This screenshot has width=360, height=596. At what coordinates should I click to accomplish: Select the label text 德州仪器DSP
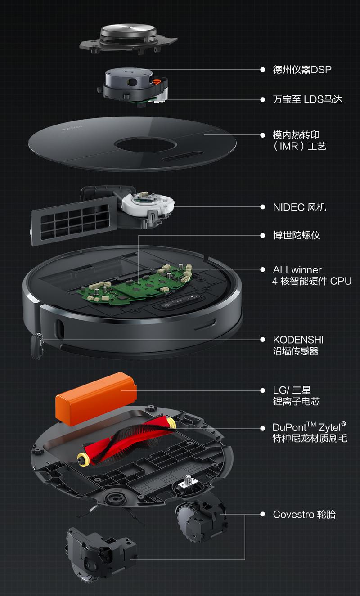(x=302, y=70)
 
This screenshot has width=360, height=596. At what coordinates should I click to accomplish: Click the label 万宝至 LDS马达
(x=307, y=99)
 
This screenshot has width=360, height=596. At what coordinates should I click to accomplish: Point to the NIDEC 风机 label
(x=299, y=207)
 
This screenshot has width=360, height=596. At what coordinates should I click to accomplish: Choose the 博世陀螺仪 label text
(x=297, y=235)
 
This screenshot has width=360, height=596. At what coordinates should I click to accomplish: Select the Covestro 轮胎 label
(x=304, y=514)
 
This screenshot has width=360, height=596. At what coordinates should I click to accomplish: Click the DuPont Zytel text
(x=309, y=427)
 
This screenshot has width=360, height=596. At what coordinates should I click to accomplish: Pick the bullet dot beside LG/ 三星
(x=263, y=390)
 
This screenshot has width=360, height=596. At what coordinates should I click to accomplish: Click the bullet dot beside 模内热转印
(x=263, y=134)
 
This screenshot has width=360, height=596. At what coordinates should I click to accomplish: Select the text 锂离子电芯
(x=296, y=401)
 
